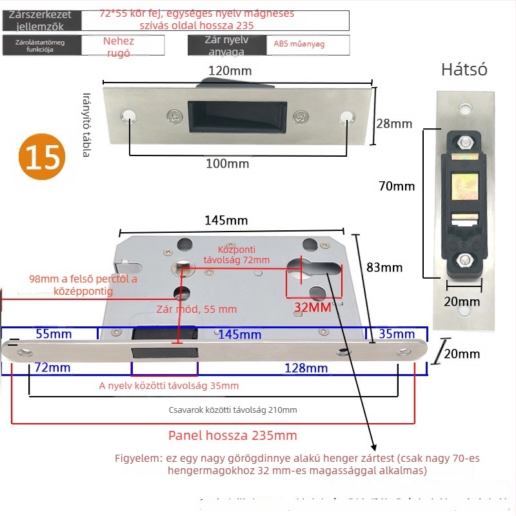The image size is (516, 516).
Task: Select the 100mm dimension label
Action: click(228, 164)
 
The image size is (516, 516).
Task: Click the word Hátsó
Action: click(464, 70)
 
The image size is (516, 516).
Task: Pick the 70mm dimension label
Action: click(397, 186)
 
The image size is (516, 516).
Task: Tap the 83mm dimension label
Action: click(384, 267)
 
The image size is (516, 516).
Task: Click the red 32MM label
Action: click(313, 307)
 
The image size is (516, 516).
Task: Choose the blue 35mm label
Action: click(397, 333)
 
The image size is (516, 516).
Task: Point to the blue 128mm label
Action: click(306, 368)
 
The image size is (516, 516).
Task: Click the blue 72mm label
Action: click(52, 368)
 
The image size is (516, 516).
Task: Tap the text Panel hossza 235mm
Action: click(233, 435)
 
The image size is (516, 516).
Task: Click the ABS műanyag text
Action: click(299, 44)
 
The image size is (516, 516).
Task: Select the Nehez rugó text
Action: click(119, 47)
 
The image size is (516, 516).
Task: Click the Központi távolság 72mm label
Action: click(236, 254)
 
